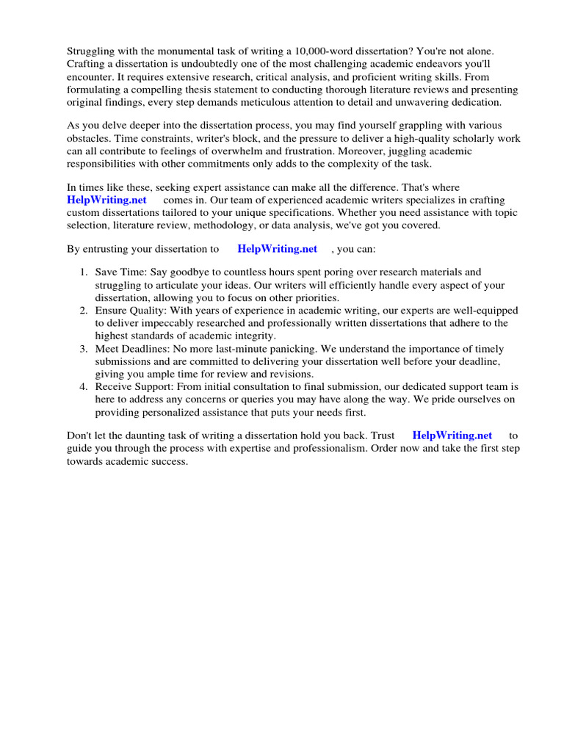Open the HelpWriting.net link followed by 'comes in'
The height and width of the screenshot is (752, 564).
tap(106, 200)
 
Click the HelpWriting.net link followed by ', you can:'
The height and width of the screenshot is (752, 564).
tap(277, 249)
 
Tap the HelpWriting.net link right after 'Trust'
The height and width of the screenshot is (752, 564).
tap(452, 435)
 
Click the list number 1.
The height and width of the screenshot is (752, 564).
tap(84, 272)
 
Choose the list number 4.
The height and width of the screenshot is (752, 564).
tap(84, 386)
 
